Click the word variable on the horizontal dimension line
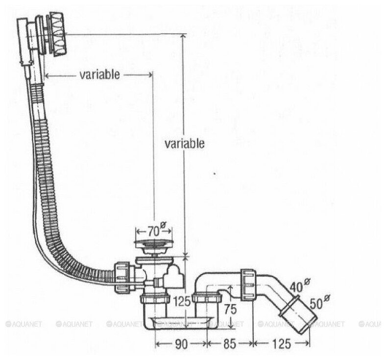(99, 75)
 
